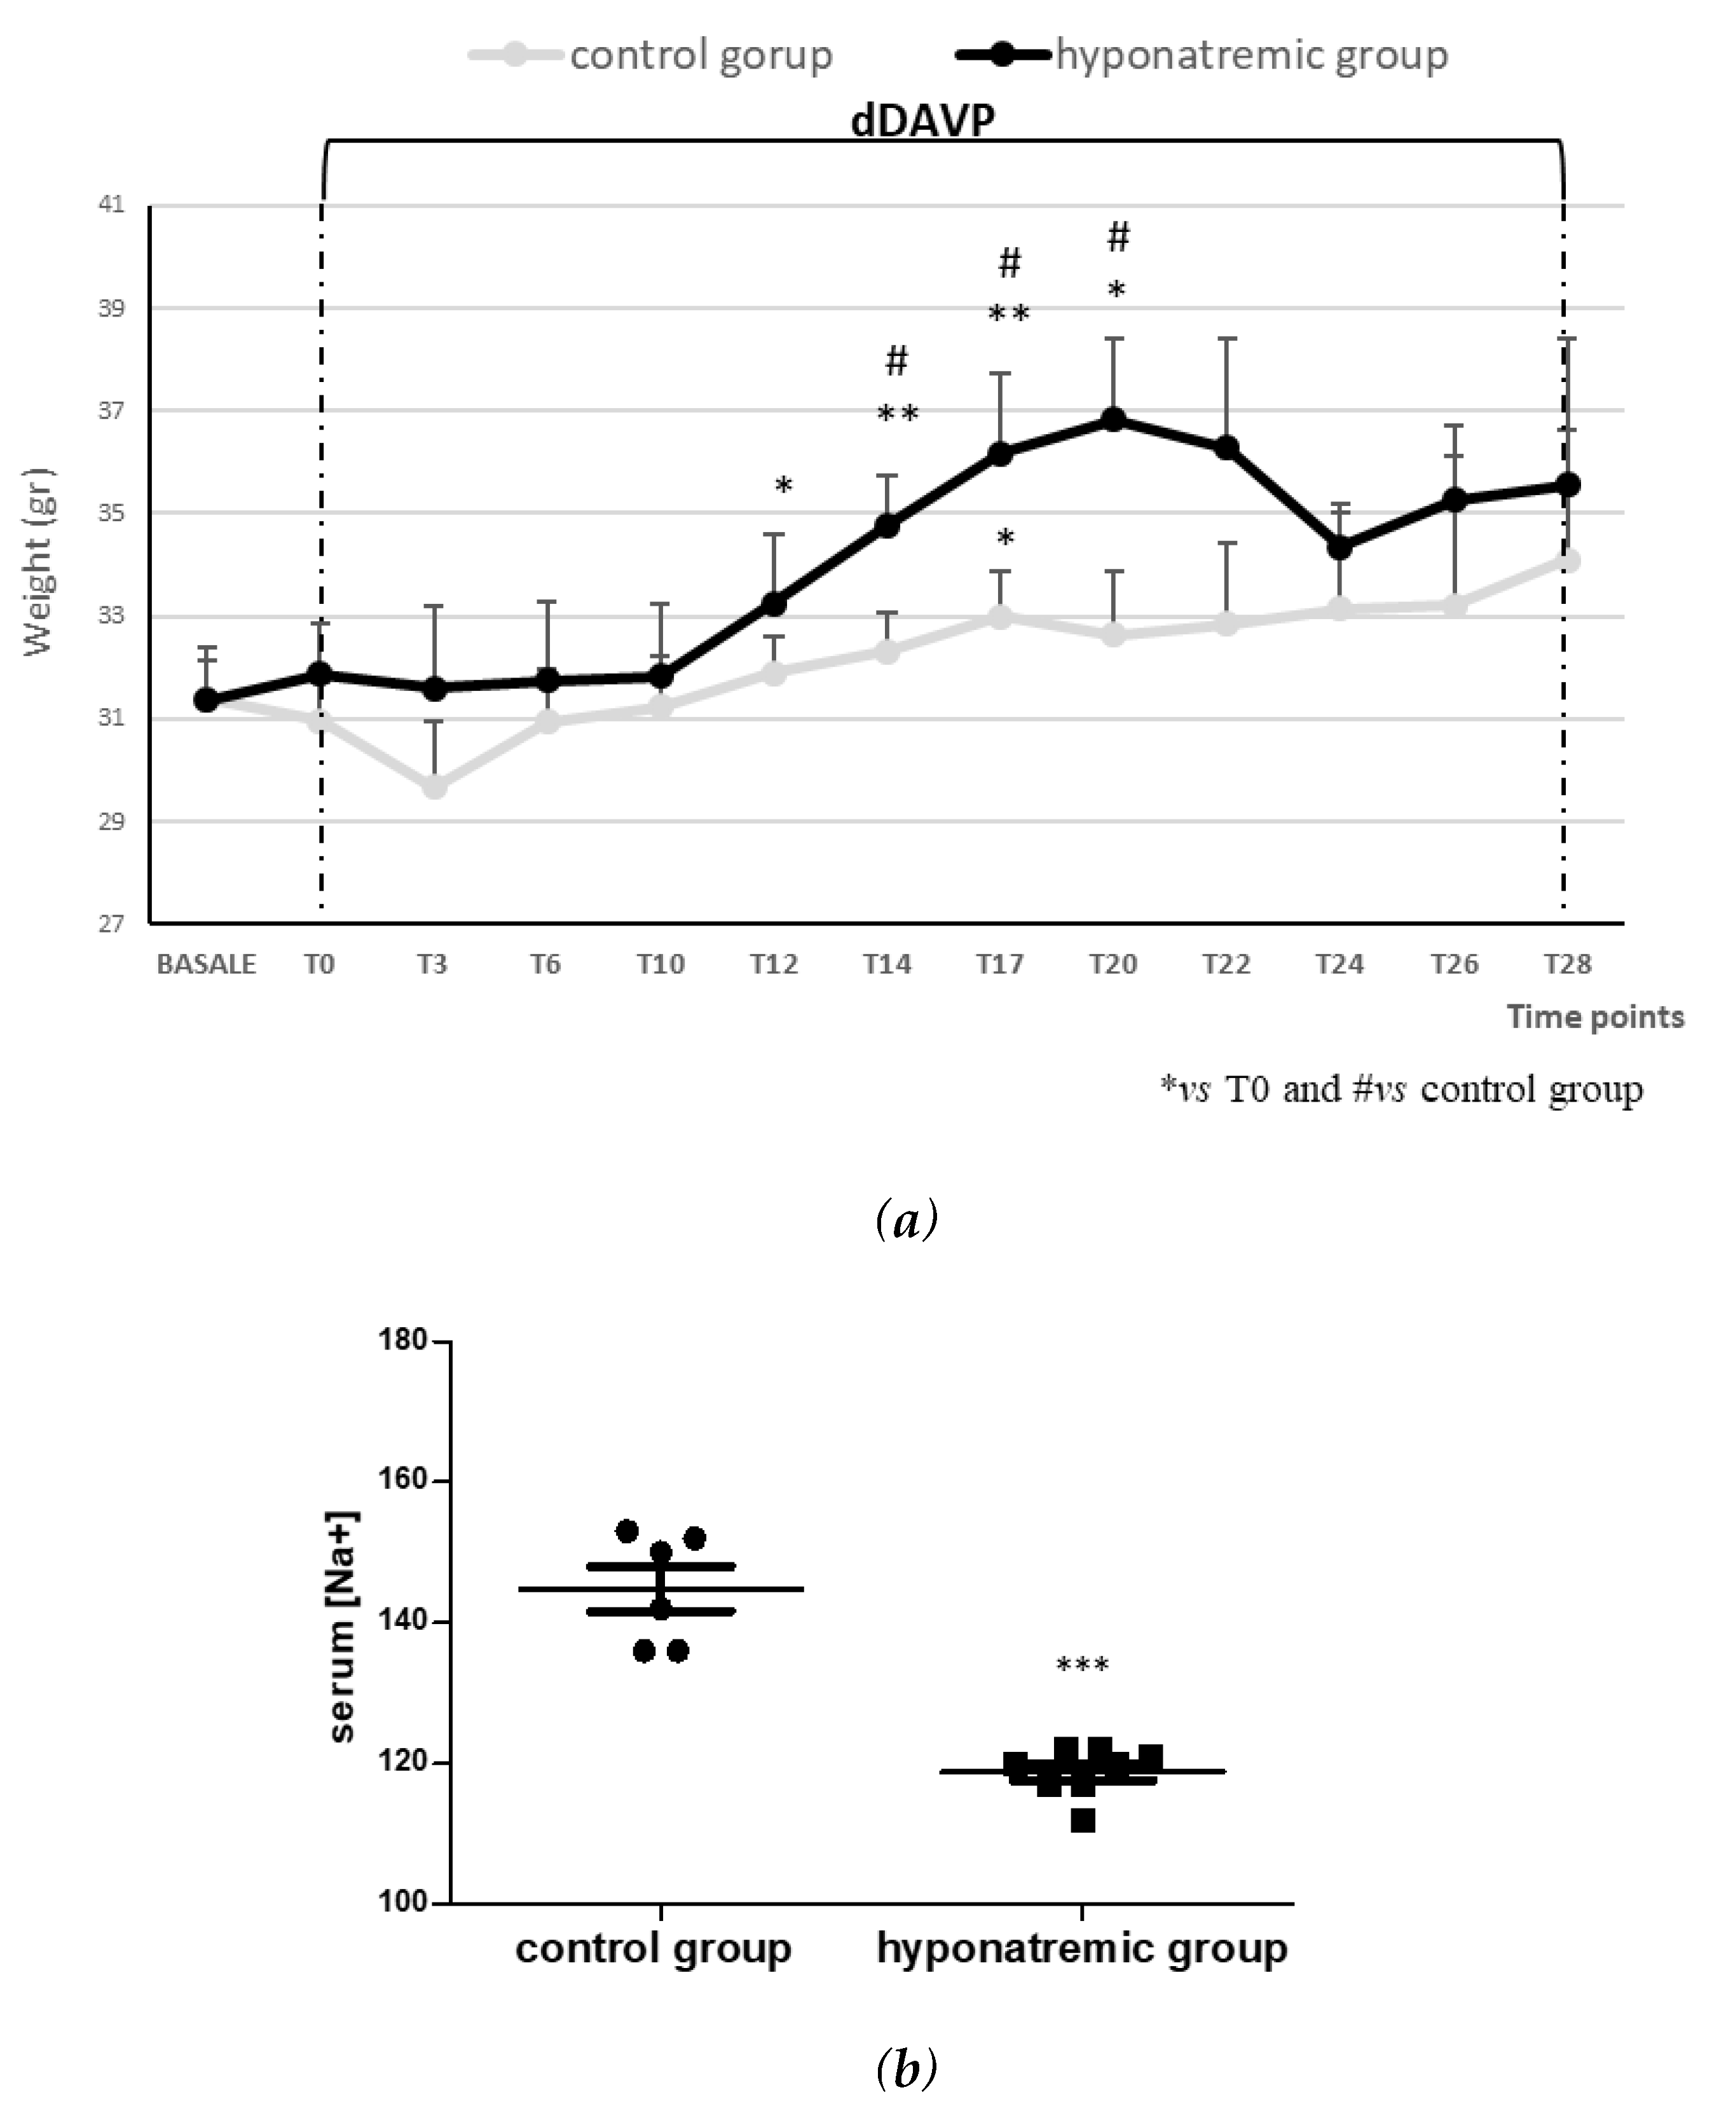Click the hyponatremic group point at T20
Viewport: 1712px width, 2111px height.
coord(1113,419)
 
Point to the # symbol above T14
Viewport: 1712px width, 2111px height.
coord(896,362)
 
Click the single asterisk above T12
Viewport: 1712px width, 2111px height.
coord(783,486)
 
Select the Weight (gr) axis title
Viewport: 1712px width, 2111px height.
coord(39,562)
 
